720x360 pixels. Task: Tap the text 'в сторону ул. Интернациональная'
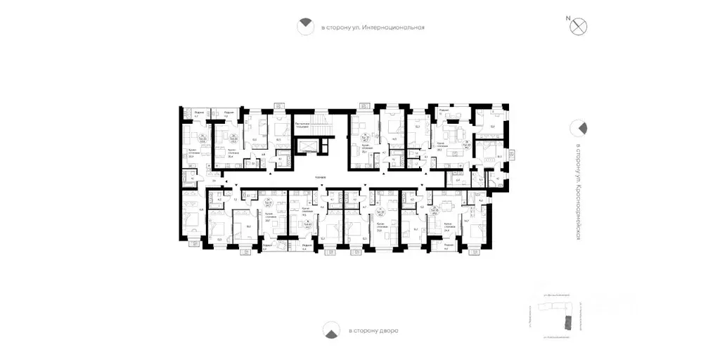click(x=373, y=28)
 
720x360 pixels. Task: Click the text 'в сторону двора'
click(x=372, y=330)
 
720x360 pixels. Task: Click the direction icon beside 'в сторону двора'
click(x=329, y=330)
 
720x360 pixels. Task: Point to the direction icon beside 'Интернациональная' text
click(x=304, y=27)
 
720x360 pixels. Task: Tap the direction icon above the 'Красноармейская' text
click(x=578, y=128)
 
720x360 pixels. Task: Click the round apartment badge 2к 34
click(x=233, y=139)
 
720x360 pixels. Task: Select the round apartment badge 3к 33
click(x=203, y=139)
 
